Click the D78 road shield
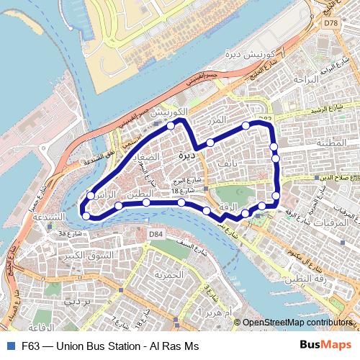tap(330, 24)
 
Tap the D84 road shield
tap(156, 234)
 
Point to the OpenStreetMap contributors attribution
tap(297, 323)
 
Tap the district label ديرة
tap(186, 154)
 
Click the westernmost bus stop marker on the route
tap(86, 215)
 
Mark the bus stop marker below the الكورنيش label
tap(171, 125)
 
